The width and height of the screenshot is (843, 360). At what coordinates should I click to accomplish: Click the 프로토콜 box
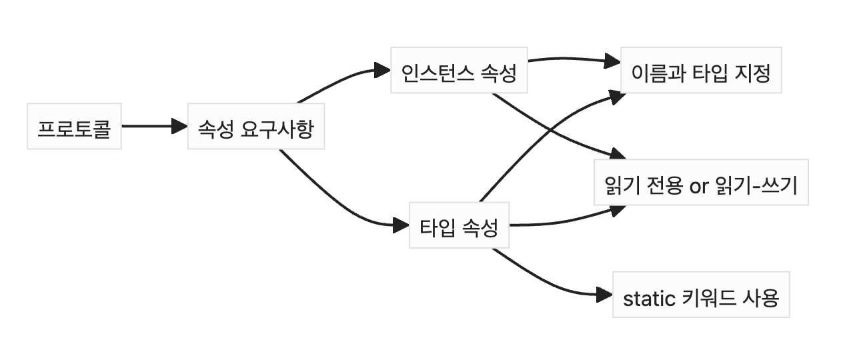coord(74,127)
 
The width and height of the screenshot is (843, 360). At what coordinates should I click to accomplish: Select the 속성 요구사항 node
coord(255,127)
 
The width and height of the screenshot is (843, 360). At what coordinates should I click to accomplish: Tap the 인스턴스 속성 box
coord(459,71)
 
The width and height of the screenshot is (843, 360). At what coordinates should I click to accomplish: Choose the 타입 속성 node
coord(459,225)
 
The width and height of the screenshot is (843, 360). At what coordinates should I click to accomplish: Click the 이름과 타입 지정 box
coord(700,71)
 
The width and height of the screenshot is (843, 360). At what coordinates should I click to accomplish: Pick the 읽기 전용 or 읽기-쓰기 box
coord(700,183)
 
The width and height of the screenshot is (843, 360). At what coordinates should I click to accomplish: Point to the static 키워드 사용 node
coord(700,295)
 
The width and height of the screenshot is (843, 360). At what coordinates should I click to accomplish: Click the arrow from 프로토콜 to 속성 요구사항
coord(150,126)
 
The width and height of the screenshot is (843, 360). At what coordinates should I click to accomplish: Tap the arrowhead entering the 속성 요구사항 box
coord(179,126)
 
